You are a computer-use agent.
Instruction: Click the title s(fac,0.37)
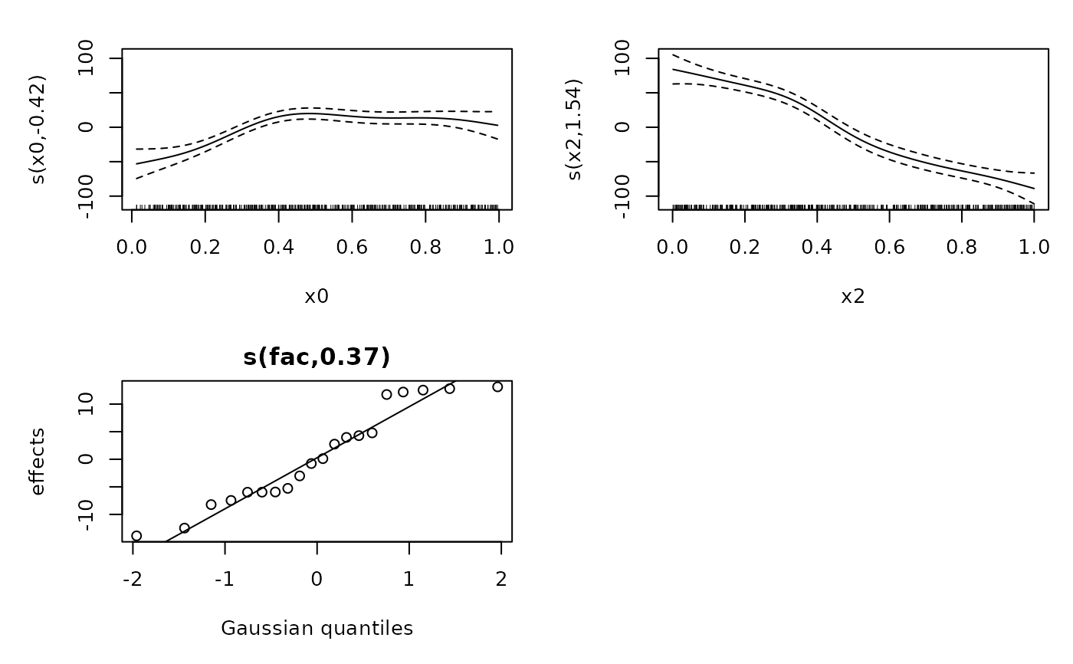coord(317,357)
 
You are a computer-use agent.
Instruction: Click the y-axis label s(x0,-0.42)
coord(38,129)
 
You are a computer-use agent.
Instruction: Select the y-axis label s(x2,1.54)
coord(575,129)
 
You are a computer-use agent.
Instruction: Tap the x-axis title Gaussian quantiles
coord(317,629)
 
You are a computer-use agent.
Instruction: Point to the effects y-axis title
coord(38,462)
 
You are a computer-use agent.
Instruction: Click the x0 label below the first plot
coord(317,297)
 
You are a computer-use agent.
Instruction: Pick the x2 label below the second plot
coord(853,297)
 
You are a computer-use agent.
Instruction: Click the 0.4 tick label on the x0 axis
coord(279,247)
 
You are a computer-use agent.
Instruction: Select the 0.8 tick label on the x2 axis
coord(962,247)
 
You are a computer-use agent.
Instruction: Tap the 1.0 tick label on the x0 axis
coord(499,247)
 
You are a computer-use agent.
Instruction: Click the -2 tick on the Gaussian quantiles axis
coord(133,579)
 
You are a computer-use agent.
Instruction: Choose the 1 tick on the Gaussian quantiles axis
coord(409,579)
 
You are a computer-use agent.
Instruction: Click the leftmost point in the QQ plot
coord(136,536)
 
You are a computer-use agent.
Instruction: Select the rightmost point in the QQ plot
coord(497,387)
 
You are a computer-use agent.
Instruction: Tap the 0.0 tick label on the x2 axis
coord(672,247)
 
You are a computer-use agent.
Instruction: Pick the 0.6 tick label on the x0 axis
coord(352,247)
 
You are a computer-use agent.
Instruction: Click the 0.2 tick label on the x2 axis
coord(744,247)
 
